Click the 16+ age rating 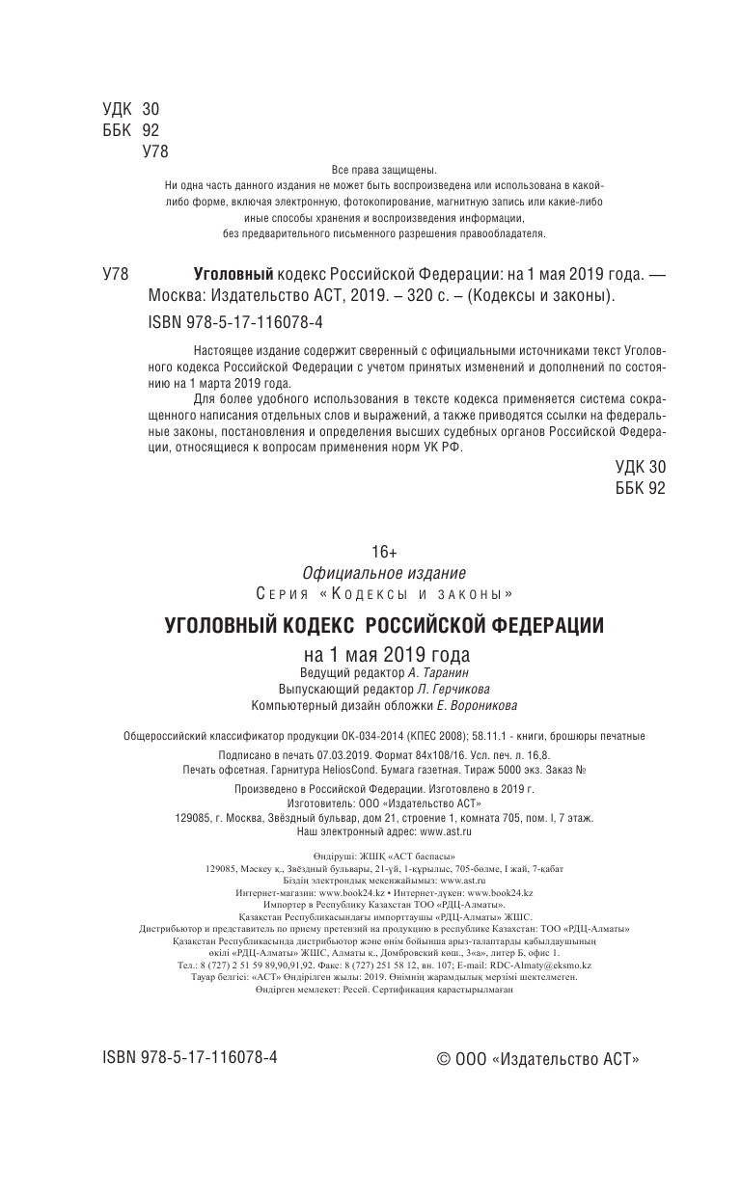(x=385, y=551)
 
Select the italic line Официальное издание (x=385, y=571)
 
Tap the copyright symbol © (x=445, y=1058)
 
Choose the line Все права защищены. (x=384, y=170)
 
